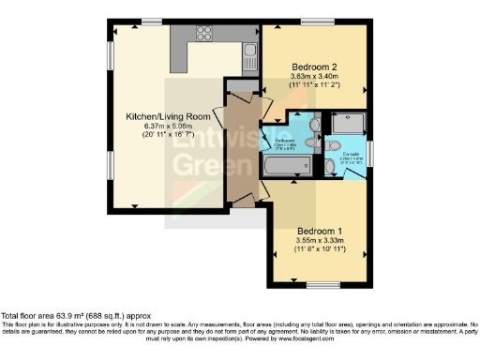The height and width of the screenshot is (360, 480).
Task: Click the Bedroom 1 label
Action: (x=321, y=230)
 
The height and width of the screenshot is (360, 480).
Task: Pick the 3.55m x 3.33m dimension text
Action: (x=321, y=240)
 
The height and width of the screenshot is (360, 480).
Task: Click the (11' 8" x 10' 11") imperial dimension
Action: (x=321, y=249)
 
